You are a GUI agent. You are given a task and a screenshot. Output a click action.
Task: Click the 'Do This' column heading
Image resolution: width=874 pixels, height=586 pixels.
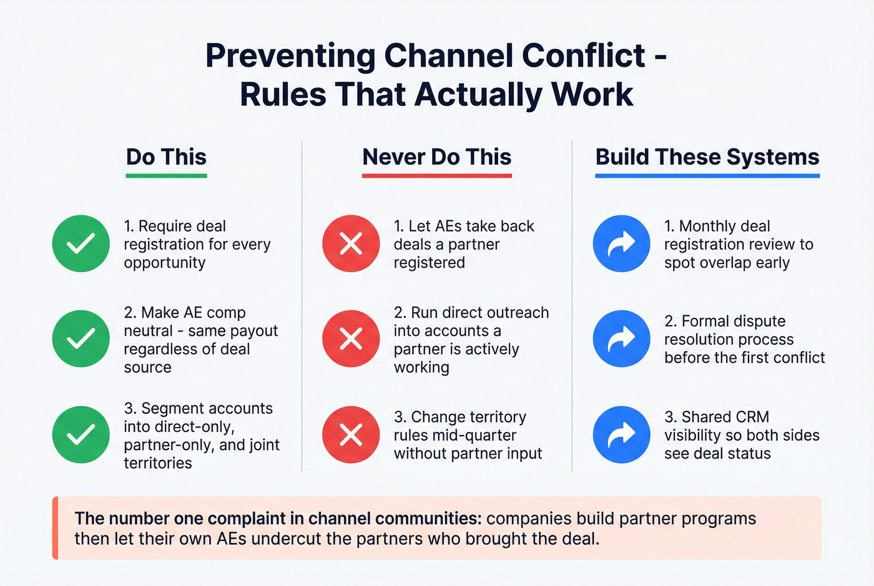pos(166,157)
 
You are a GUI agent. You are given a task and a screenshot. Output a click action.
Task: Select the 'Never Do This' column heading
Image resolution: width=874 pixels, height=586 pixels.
pos(436,157)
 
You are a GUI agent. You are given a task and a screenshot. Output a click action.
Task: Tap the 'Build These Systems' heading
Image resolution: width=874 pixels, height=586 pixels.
pos(707,157)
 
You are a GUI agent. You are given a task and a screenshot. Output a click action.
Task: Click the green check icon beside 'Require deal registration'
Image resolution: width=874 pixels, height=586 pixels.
pos(81,243)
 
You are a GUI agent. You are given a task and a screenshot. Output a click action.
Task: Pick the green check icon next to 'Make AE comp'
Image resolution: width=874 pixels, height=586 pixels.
pos(81,339)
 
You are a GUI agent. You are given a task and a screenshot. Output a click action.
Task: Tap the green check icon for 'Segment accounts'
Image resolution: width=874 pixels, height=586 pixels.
pos(81,434)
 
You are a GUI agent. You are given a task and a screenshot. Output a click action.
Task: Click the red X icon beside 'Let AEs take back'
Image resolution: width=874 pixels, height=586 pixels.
pos(351,243)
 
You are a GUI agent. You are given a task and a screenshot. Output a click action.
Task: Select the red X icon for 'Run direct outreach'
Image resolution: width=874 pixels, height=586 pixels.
pos(351,339)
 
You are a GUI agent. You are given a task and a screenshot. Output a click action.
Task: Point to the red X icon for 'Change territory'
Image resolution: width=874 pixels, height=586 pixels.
pos(351,434)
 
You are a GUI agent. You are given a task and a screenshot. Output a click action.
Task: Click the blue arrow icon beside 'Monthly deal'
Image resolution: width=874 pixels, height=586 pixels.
pos(621,243)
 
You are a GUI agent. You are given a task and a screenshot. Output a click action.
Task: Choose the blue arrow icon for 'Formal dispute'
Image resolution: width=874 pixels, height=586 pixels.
pos(621,339)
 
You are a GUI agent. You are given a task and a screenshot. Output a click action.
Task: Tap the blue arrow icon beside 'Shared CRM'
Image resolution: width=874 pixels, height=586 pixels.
pos(621,434)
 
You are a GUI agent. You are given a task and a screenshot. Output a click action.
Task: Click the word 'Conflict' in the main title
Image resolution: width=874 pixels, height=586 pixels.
pos(583,56)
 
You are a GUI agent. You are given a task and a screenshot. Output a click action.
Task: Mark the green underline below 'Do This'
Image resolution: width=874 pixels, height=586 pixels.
pos(166,176)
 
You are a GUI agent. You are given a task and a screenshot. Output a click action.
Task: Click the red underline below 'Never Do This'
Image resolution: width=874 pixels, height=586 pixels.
pos(436,176)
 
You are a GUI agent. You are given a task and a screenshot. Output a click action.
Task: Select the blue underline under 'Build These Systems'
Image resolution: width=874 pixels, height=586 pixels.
pos(707,176)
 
